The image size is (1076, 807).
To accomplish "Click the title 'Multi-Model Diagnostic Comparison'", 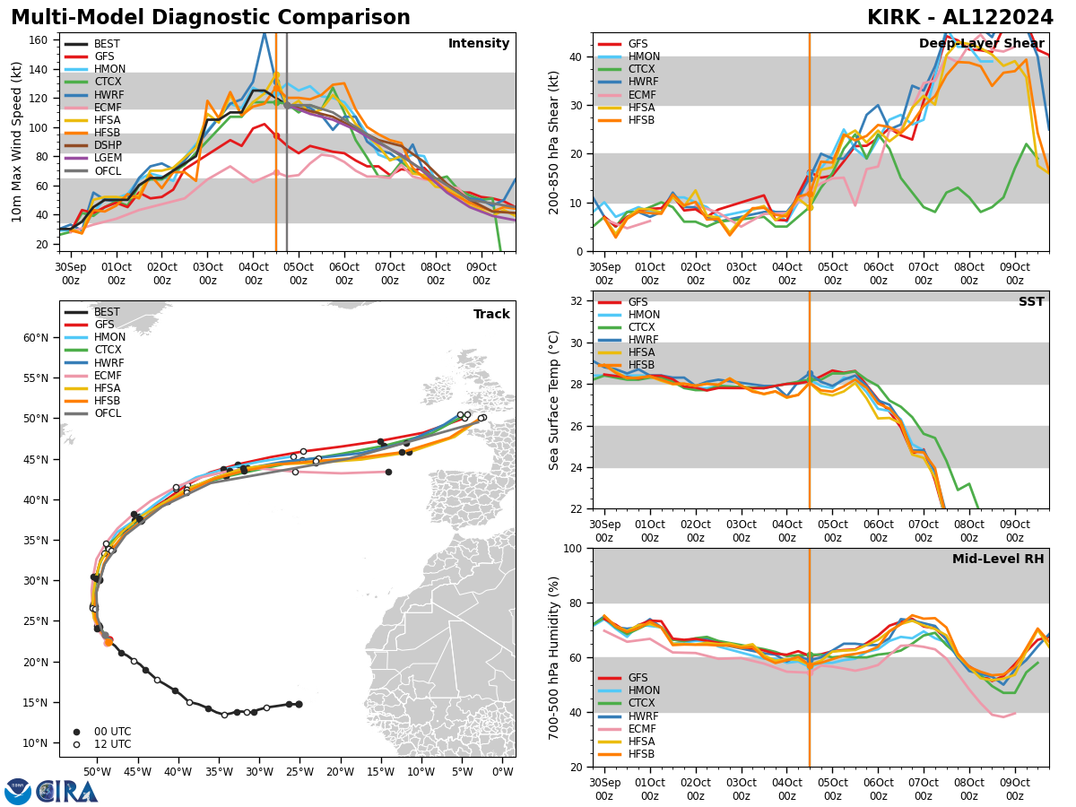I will click(210, 18).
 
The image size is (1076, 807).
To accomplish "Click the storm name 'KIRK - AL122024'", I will click(959, 18).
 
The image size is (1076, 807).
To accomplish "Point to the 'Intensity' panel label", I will click(478, 44).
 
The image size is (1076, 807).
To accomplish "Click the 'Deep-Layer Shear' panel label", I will click(982, 44).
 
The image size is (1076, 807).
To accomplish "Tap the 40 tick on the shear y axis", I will click(577, 56).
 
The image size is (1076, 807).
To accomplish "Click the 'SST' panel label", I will click(1030, 302).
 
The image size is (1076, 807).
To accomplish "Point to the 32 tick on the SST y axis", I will click(577, 301).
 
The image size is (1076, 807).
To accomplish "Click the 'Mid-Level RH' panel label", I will click(997, 560).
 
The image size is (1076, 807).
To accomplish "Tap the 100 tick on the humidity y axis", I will click(574, 548).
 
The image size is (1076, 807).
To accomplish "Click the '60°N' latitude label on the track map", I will click(36, 338).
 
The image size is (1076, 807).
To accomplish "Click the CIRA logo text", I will click(66, 792).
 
